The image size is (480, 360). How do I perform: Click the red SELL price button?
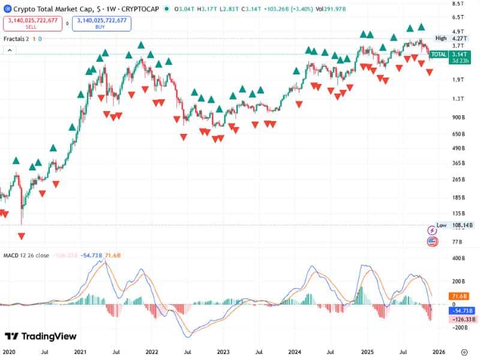pos(34,23)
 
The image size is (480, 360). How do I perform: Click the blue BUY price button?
pos(101,23)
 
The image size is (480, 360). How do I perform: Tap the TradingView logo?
pos(41,337)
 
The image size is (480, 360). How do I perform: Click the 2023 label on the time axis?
pos(223,352)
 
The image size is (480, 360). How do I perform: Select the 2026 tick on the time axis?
pos(439,352)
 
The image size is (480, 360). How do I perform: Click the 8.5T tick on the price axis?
pos(458,4)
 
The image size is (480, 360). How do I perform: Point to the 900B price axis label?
pos(458,118)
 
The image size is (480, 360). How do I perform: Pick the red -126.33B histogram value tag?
pos(462,320)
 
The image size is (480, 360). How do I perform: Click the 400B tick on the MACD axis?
pos(458,258)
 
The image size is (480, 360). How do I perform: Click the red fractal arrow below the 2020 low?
pos(22,236)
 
